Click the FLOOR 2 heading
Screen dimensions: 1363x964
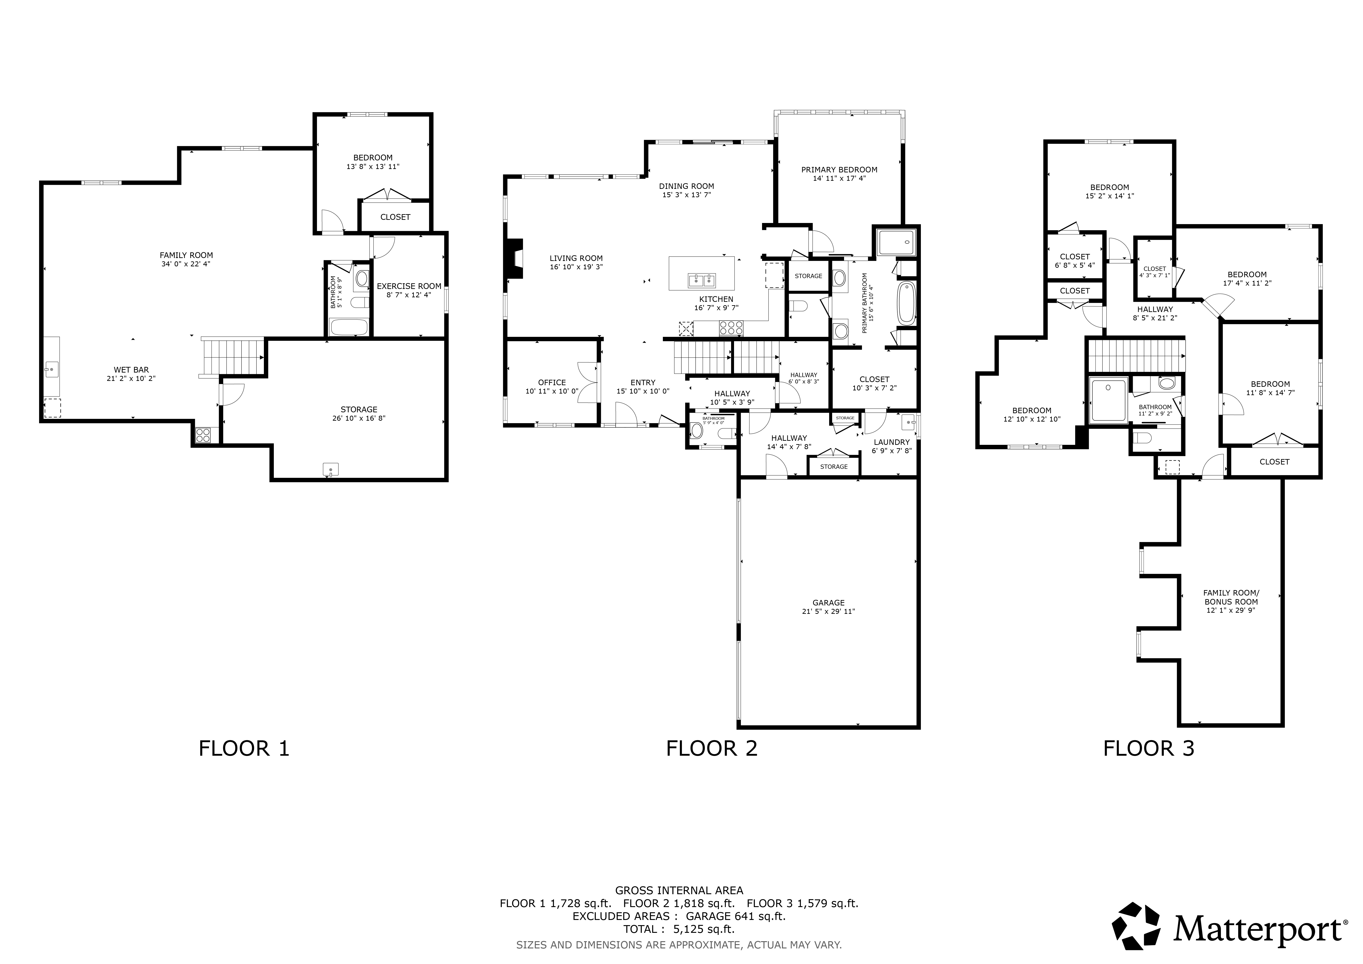coord(712,748)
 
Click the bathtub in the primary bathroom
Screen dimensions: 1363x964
coord(906,303)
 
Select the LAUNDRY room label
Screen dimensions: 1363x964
coord(892,442)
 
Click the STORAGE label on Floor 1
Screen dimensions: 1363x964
coord(359,410)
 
